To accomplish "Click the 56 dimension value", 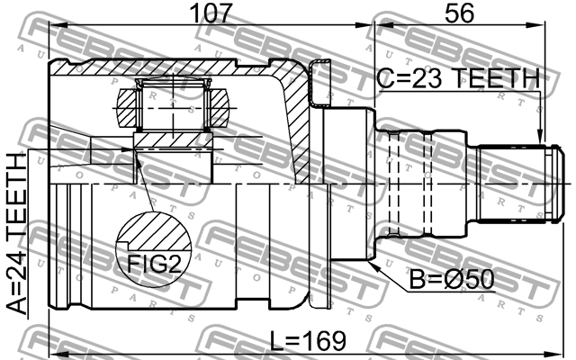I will [460, 15].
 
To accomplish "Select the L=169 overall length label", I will [307, 341].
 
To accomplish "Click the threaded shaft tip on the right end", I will [513, 184].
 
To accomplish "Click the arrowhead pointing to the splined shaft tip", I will [541, 136].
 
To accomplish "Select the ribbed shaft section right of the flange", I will [423, 184].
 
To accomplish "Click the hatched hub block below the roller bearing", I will [171, 139].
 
